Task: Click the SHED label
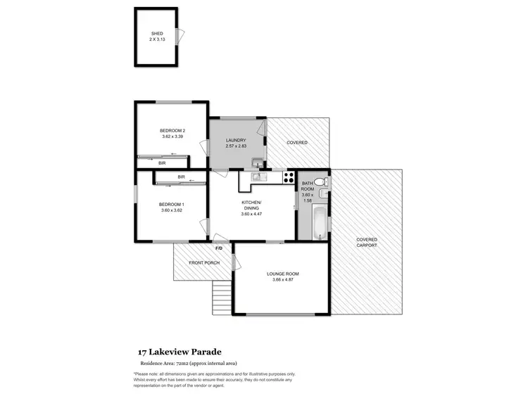coord(156,33)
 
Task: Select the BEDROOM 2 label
coord(172,131)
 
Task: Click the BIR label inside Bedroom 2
coord(161,163)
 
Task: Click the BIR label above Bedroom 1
coord(181,177)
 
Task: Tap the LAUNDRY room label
coord(236,141)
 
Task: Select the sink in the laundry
coord(257,165)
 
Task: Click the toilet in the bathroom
coord(320,182)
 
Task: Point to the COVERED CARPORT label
coord(366,242)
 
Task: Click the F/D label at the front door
coord(218,248)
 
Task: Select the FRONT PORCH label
coord(204,263)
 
